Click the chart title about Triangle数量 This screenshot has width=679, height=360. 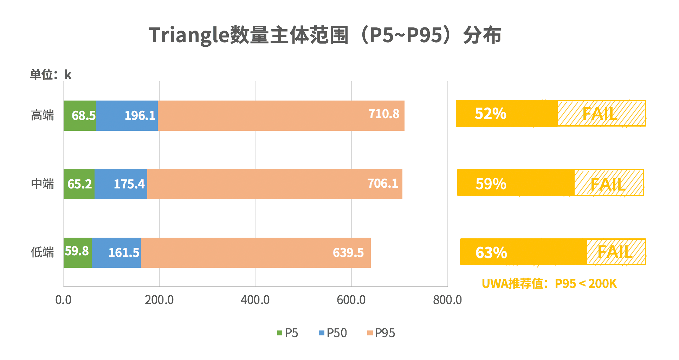coord(325,35)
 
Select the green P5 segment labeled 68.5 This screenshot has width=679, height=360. coord(80,116)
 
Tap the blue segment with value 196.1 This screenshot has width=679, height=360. coord(127,116)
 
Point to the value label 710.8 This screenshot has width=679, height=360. coord(383,114)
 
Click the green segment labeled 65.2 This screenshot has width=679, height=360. coord(79,184)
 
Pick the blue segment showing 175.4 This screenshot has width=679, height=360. coord(121,184)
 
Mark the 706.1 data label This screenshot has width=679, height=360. coord(382,183)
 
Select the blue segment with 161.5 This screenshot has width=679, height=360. coord(116,253)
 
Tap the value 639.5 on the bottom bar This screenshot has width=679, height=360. coord(348,253)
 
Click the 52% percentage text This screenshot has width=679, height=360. coord(490,114)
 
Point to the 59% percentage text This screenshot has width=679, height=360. coord(491,184)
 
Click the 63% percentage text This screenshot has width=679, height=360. coord(491,253)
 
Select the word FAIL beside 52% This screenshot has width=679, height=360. coord(600,114)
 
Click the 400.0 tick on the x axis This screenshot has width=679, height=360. coord(255,300)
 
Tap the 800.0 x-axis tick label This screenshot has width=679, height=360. coord(447,300)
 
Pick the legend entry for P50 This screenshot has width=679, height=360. coord(332,333)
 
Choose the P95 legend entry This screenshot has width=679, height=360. coord(381,333)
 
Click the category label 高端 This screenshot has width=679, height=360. coord(42,115)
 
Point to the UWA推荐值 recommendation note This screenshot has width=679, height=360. coord(549,283)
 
